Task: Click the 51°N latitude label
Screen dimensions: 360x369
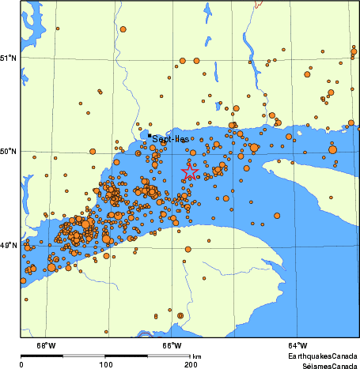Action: pyautogui.click(x=9, y=57)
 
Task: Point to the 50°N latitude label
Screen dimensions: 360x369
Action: pyautogui.click(x=9, y=151)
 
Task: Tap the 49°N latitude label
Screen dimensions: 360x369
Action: pyautogui.click(x=9, y=245)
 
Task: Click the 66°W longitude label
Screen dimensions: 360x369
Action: pyautogui.click(x=172, y=345)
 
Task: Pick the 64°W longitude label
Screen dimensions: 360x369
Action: pyautogui.click(x=297, y=345)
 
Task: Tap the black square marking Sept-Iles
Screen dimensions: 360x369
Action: pyautogui.click(x=150, y=135)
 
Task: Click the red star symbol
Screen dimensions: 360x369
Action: pyautogui.click(x=190, y=171)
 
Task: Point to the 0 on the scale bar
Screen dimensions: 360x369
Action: pyautogui.click(x=21, y=365)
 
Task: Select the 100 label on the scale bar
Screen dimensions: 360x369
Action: pyautogui.click(x=105, y=365)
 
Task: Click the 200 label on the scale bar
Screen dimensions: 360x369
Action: pyautogui.click(x=190, y=365)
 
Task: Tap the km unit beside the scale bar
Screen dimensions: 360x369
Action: pyautogui.click(x=197, y=357)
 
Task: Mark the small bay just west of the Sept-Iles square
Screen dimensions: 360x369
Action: pyautogui.click(x=145, y=135)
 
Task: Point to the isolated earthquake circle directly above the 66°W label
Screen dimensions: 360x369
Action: pyautogui.click(x=180, y=315)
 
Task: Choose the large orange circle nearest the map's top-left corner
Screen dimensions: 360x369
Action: pyautogui.click(x=123, y=29)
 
